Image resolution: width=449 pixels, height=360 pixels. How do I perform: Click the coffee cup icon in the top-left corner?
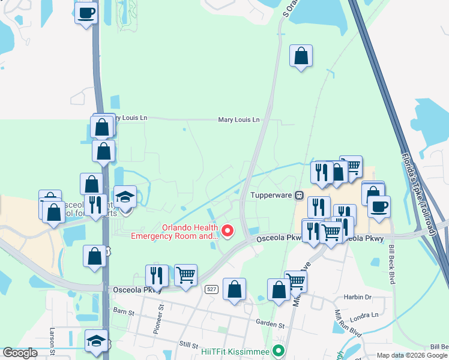pyautogui.click(x=86, y=13)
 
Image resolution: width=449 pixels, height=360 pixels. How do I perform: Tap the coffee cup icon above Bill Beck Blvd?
pyautogui.click(x=379, y=207)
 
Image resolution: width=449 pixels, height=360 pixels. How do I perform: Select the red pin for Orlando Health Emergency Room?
pyautogui.click(x=228, y=230)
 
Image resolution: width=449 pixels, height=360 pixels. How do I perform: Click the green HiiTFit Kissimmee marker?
pyautogui.click(x=277, y=351)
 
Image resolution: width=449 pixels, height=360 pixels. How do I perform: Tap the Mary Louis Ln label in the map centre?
pyautogui.click(x=239, y=120)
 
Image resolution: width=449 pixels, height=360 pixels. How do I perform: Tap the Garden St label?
pyautogui.click(x=270, y=325)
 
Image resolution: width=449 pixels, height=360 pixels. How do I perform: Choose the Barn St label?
pyautogui.click(x=123, y=311)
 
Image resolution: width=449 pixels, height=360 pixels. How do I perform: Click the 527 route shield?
pyautogui.click(x=211, y=289)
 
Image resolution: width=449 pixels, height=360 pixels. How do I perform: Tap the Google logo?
pyautogui.click(x=20, y=353)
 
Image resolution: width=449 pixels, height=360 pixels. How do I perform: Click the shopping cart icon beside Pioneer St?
pyautogui.click(x=186, y=275)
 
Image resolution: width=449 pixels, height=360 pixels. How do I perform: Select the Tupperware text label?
pyautogui.click(x=271, y=195)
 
